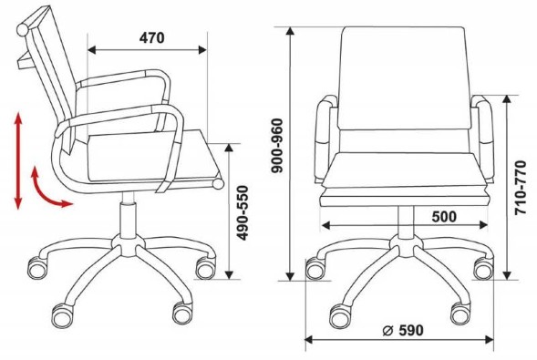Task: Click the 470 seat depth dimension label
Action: point(151,37)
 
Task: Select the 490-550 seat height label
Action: point(243,213)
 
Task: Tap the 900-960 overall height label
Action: point(277,146)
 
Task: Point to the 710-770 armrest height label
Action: point(521,188)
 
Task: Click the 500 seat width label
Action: point(444,217)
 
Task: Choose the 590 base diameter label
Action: point(410,330)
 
